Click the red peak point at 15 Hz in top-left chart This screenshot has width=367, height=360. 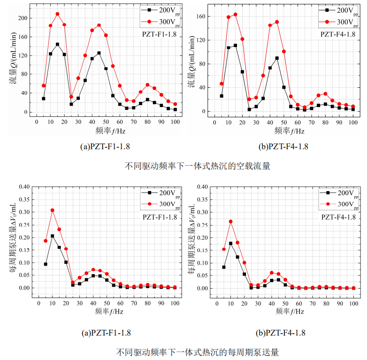click(57, 14)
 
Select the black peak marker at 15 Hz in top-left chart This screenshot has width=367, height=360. click(57, 45)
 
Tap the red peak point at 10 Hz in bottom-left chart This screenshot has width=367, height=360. click(53, 210)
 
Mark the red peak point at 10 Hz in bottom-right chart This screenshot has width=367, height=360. click(231, 221)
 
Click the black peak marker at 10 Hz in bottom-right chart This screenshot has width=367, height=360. click(231, 243)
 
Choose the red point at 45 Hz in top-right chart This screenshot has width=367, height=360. click(277, 22)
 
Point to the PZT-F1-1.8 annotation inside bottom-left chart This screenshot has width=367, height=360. click(160, 217)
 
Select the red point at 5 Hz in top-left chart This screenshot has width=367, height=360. click(44, 85)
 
